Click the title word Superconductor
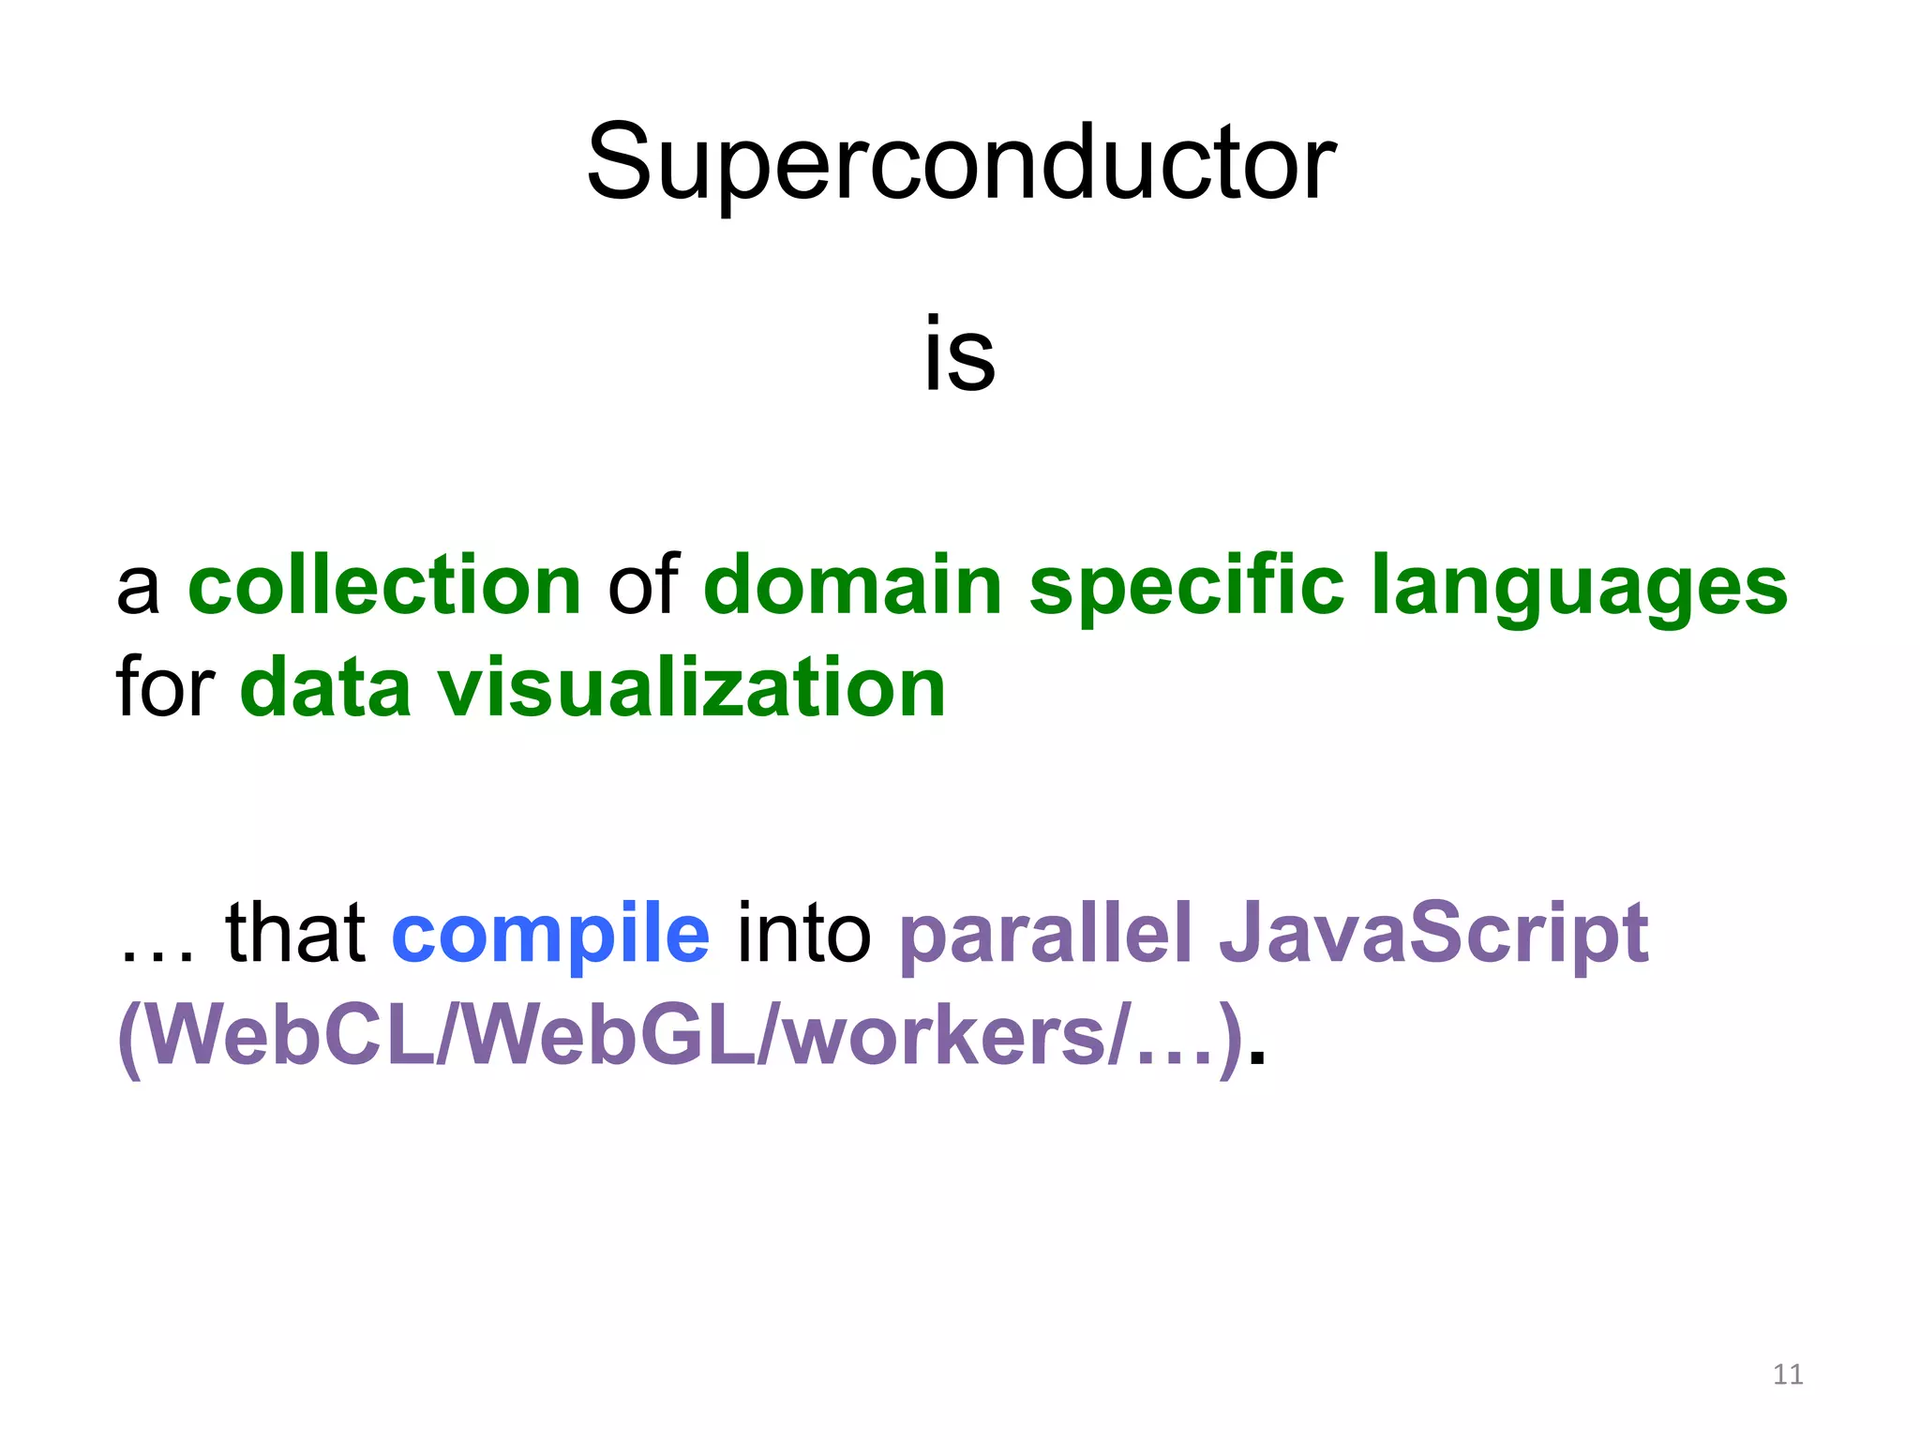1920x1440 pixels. coord(960,164)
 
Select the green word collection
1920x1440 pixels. coord(384,586)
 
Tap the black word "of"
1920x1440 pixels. coord(642,586)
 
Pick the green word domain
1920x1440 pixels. coord(853,586)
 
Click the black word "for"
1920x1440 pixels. coord(166,687)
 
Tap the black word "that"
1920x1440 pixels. coord(295,933)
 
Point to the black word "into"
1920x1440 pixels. coord(803,933)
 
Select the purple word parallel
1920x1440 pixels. coord(1045,933)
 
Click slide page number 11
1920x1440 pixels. coord(1788,1374)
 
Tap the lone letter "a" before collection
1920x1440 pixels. coord(138,591)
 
